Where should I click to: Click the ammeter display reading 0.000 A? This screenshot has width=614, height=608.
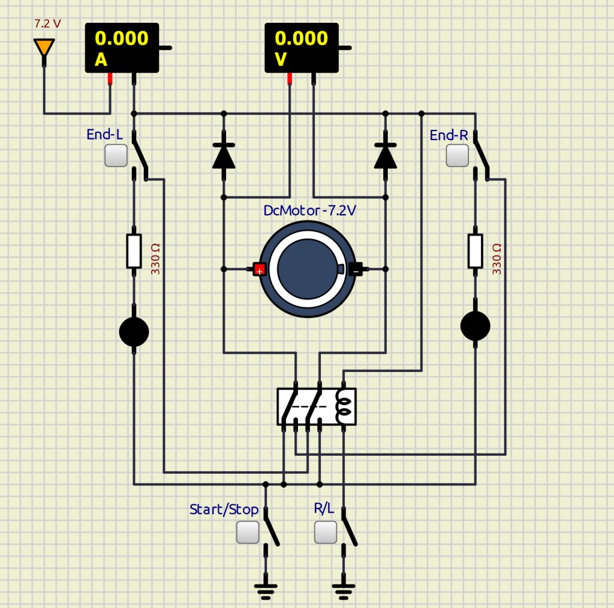pyautogui.click(x=122, y=47)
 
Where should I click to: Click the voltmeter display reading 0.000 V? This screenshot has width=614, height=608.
pyautogui.click(x=302, y=47)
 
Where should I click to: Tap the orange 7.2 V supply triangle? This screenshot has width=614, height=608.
pyautogui.click(x=44, y=47)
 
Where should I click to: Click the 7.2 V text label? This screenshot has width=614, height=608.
pyautogui.click(x=47, y=24)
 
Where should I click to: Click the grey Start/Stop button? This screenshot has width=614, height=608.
pyautogui.click(x=248, y=532)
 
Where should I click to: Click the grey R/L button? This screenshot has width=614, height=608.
pyautogui.click(x=326, y=532)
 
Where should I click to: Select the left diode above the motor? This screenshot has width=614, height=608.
pyautogui.click(x=224, y=155)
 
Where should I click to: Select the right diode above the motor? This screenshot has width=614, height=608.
pyautogui.click(x=385, y=155)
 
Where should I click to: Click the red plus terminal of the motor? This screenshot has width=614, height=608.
pyautogui.click(x=259, y=269)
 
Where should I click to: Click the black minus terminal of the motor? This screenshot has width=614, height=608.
pyautogui.click(x=356, y=269)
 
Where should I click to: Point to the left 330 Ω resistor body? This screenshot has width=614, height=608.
pyautogui.click(x=134, y=251)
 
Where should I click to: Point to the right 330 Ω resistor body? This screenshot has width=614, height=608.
pyautogui.click(x=475, y=251)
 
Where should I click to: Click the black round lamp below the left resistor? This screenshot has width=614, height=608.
pyautogui.click(x=134, y=332)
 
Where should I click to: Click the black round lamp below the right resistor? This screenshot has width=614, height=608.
pyautogui.click(x=475, y=326)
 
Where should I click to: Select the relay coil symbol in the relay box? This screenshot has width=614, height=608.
pyautogui.click(x=344, y=407)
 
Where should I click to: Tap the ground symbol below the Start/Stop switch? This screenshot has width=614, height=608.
pyautogui.click(x=265, y=591)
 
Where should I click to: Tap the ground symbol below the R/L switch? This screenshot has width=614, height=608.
pyautogui.click(x=343, y=591)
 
